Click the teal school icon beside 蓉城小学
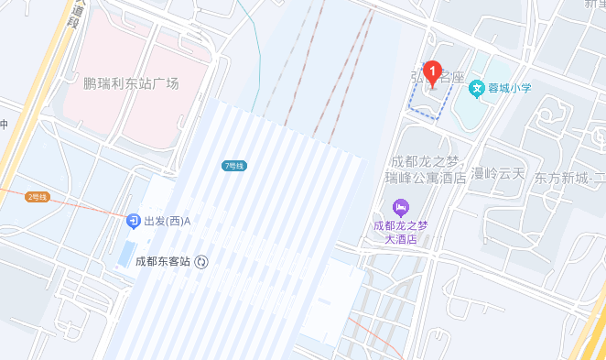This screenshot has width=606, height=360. tap(476, 88)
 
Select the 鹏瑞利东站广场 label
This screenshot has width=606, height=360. tap(131, 83)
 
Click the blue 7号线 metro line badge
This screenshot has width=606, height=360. tap(234, 166)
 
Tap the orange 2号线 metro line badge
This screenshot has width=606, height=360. tap(38, 197)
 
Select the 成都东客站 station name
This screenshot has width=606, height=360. tap(162, 261)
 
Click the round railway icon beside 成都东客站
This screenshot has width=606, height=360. tap(201, 261)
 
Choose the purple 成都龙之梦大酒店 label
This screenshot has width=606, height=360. tap(400, 231)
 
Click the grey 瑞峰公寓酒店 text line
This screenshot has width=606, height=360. tap(427, 177)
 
